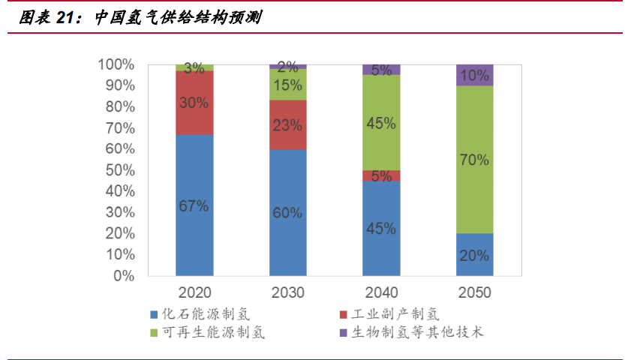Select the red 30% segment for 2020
tap(194, 103)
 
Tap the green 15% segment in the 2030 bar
tap(288, 85)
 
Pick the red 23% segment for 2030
tap(288, 124)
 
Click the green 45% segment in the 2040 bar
tap(381, 123)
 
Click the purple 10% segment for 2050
tap(474, 76)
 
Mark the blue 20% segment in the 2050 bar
tap(474, 255)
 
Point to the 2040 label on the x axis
tap(381, 292)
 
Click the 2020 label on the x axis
tap(194, 292)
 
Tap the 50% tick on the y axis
tap(116, 170)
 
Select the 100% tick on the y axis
tap(114, 64)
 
